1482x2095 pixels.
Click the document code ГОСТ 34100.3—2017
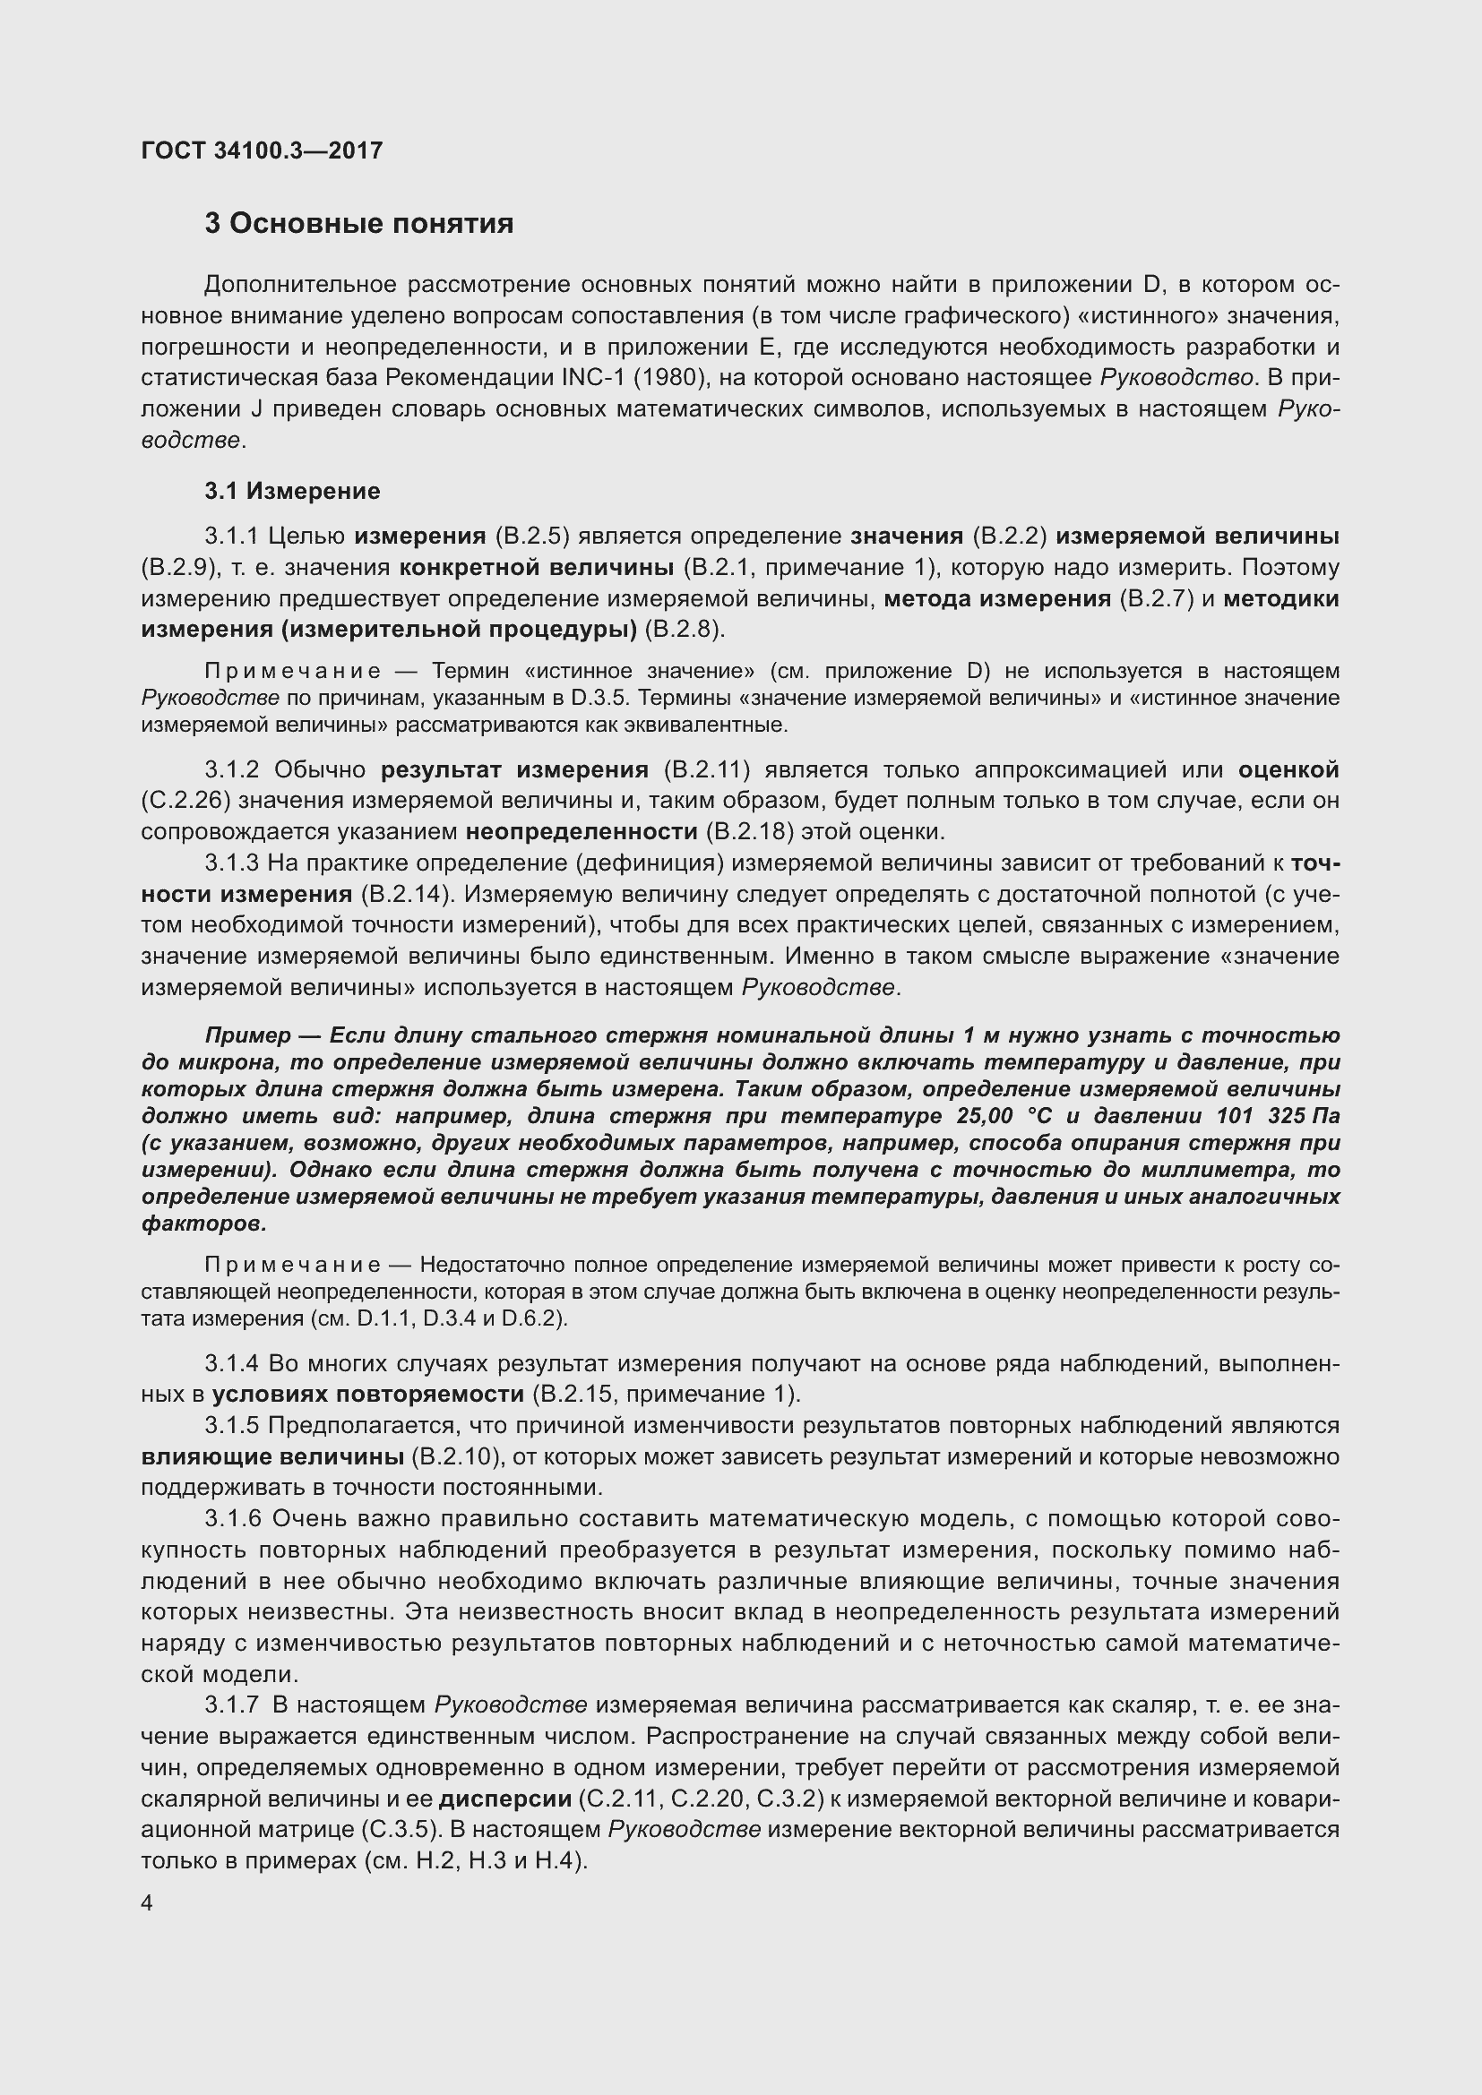point(262,150)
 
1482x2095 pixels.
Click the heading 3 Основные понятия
point(358,224)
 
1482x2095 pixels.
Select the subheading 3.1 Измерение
point(292,491)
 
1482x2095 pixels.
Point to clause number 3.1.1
point(232,537)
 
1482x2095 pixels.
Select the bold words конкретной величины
point(536,568)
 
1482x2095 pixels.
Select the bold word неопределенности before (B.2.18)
point(582,832)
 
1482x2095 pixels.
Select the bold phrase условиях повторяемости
point(367,1395)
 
